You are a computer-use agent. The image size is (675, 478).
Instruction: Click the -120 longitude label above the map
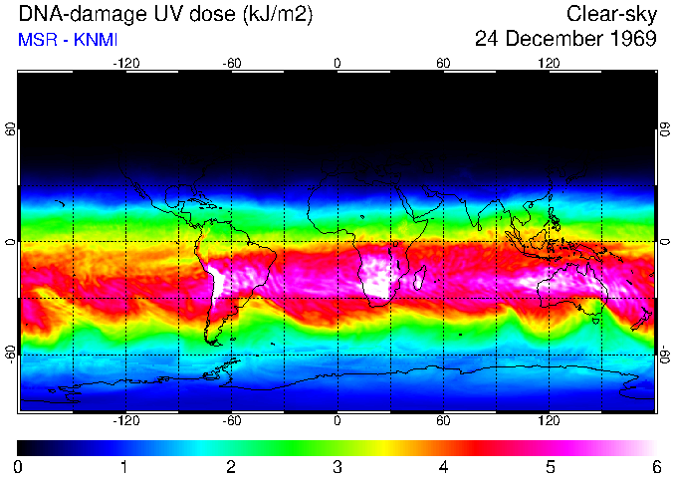click(125, 63)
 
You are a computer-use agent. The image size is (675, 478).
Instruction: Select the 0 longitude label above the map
click(337, 63)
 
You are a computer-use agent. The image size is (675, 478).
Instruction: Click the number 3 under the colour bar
click(337, 466)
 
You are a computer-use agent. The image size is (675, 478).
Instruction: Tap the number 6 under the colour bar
click(656, 466)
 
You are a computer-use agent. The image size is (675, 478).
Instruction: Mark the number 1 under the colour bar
click(123, 466)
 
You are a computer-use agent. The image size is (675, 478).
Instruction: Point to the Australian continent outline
click(572, 290)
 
